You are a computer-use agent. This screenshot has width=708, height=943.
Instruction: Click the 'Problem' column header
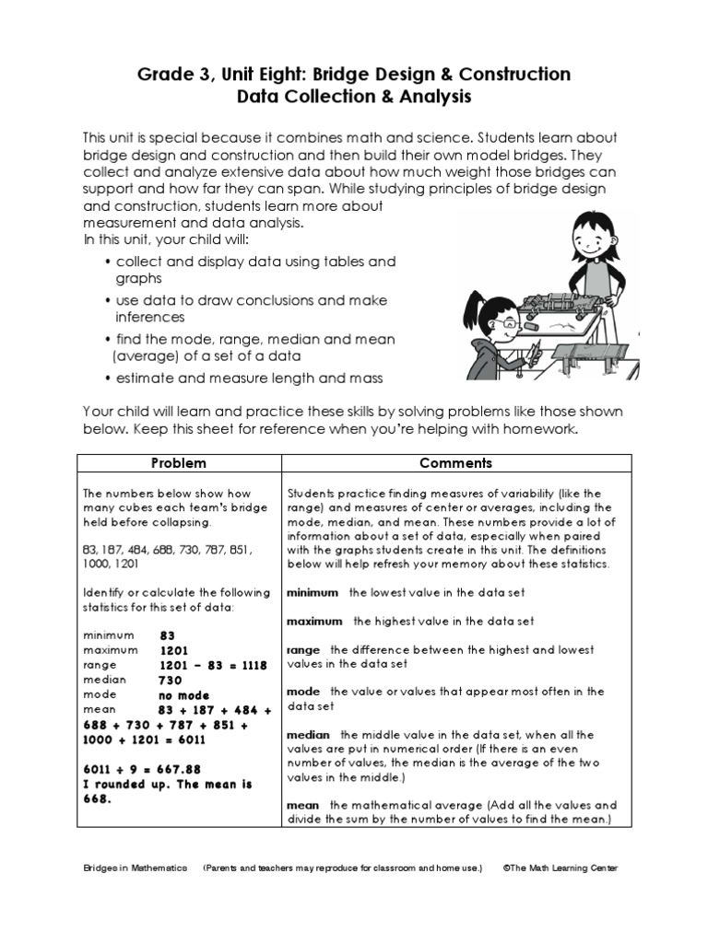click(x=179, y=463)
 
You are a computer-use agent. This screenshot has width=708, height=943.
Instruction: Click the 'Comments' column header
click(x=455, y=463)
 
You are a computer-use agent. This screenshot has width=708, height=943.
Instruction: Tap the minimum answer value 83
click(x=167, y=635)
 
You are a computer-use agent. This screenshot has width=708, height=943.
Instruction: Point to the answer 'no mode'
click(x=184, y=695)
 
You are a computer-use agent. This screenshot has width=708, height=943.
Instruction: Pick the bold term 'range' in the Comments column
click(x=303, y=650)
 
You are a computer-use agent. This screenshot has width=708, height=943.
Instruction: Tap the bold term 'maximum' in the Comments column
click(x=314, y=622)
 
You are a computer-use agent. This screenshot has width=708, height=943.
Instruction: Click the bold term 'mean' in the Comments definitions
click(x=302, y=805)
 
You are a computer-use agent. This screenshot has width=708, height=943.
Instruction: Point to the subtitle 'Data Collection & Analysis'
click(x=354, y=96)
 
